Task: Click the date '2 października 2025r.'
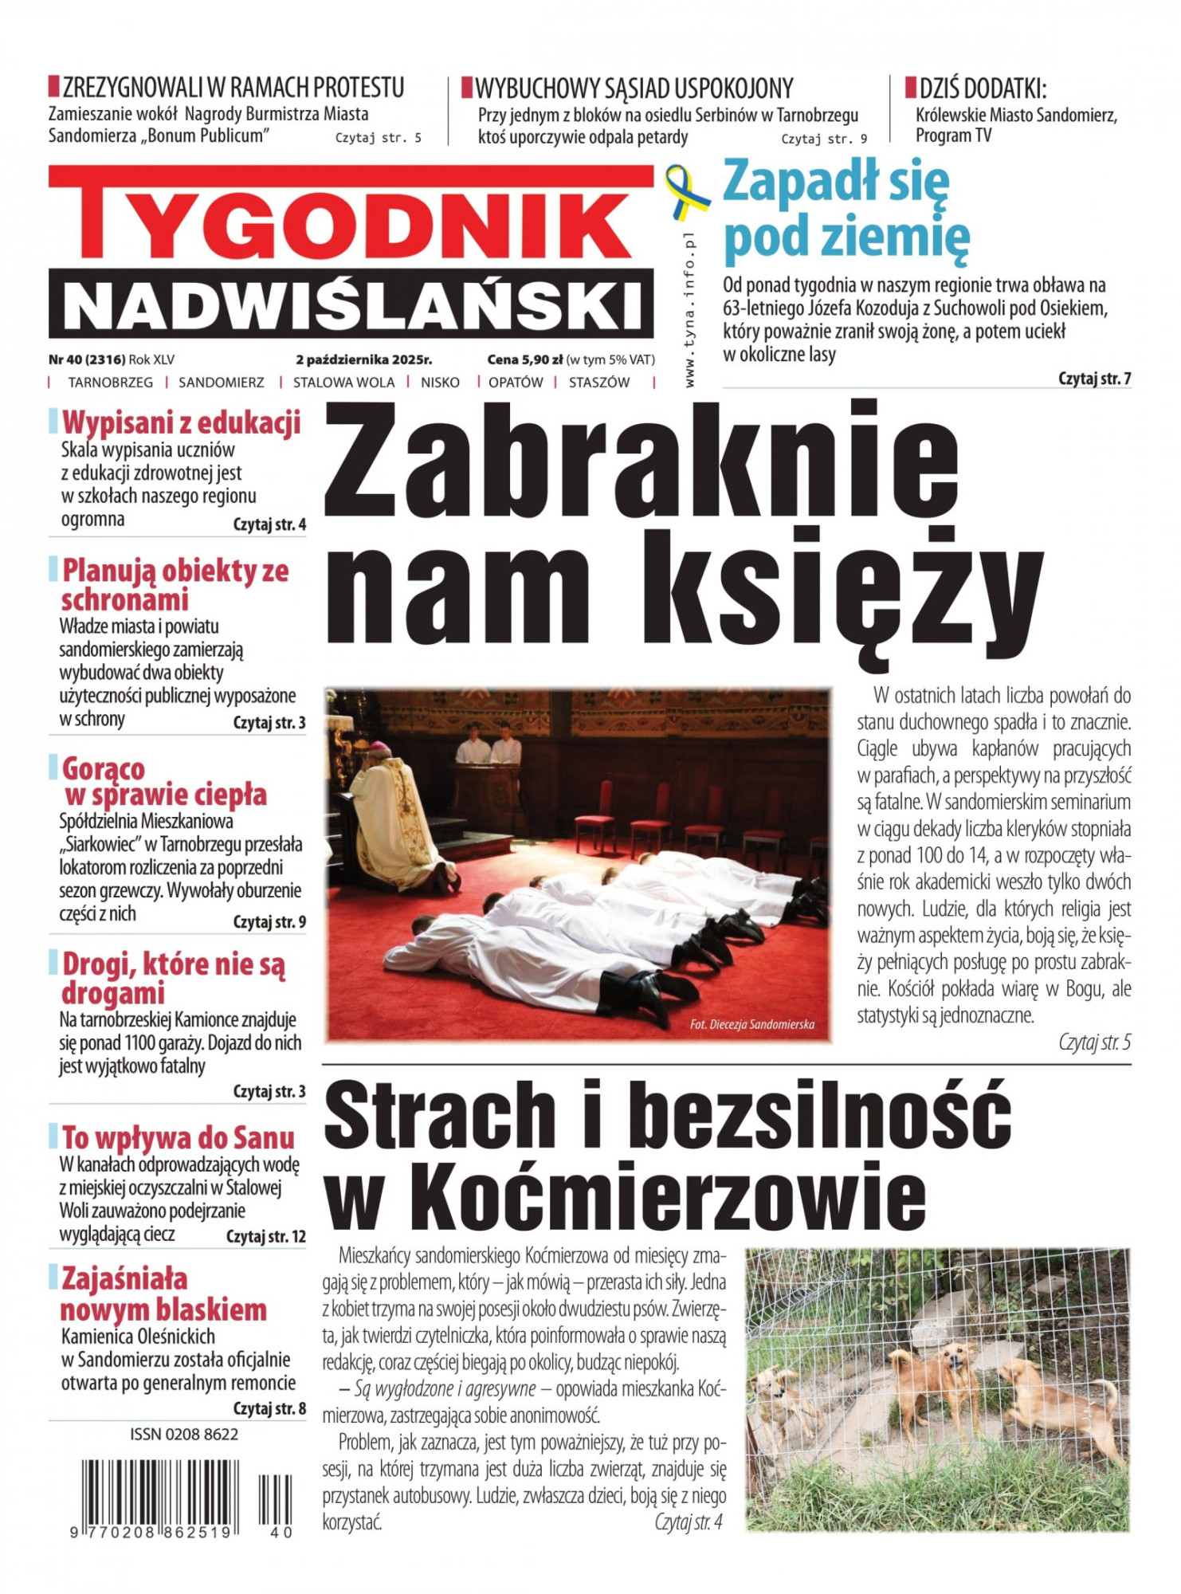363,360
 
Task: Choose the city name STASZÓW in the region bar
598,383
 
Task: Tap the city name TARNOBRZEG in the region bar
110,383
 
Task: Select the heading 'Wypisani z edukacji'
182,423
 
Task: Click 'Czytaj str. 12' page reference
266,1237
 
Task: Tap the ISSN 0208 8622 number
184,1435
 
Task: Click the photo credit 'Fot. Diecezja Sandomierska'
751,1024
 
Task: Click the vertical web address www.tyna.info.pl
689,311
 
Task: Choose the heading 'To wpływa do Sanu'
178,1137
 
